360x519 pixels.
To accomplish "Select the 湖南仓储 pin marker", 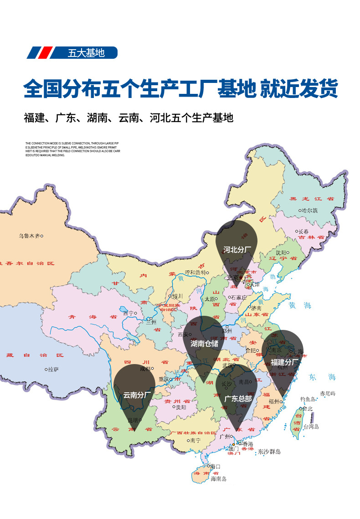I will [204, 343].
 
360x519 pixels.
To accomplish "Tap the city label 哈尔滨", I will [310, 211].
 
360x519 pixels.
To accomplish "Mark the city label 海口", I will [215, 466].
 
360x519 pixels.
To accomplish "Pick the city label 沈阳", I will [282, 252].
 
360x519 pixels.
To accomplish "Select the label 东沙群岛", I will [269, 452].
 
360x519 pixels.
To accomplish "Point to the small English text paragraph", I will [72, 149].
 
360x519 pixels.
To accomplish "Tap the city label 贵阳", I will [181, 407].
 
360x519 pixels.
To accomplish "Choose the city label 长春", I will [303, 231].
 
